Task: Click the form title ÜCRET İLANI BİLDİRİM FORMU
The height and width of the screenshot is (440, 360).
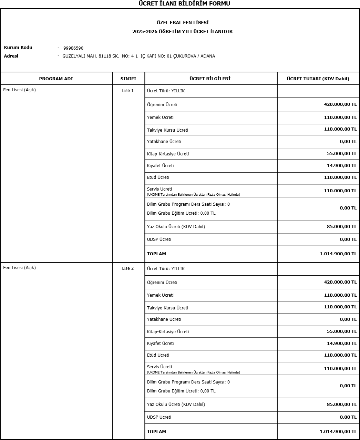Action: tap(184, 4)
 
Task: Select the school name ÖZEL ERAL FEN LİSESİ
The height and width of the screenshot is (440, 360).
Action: tap(183, 23)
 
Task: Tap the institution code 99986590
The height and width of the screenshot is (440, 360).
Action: tap(73, 48)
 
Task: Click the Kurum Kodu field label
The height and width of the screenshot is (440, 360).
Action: tap(18, 48)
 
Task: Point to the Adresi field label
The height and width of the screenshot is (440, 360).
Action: tap(11, 56)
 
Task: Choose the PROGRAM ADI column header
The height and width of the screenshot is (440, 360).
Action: tap(56, 79)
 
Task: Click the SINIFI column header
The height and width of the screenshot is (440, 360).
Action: tap(128, 79)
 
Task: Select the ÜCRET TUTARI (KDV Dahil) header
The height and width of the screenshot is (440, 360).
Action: tap(318, 79)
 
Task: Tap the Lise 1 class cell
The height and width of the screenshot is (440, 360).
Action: tap(128, 91)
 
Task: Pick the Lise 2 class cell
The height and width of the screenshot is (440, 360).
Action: tap(128, 268)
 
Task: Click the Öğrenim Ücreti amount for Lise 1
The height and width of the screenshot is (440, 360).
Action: tap(340, 104)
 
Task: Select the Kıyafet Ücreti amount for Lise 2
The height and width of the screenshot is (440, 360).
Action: tap(341, 344)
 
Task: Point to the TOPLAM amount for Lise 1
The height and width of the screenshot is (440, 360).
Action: tap(338, 254)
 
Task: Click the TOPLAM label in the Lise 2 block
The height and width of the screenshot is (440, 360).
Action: tap(156, 432)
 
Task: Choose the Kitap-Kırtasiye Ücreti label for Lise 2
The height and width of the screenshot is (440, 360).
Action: tap(168, 332)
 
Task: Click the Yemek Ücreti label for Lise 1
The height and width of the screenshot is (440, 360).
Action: tap(160, 117)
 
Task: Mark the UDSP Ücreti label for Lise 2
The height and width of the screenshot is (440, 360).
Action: tap(159, 417)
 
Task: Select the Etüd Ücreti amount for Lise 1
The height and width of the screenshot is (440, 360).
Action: tap(340, 177)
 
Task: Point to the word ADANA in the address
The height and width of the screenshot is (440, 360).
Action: tap(208, 56)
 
